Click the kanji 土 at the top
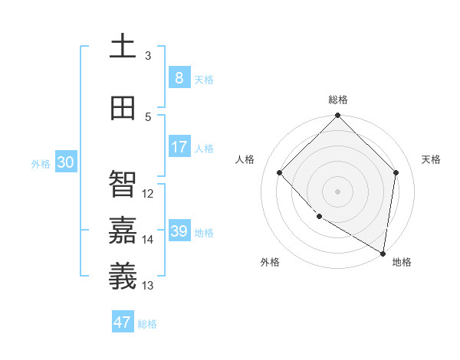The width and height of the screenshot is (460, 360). [x=123, y=46]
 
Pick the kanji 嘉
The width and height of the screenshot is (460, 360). [x=123, y=227]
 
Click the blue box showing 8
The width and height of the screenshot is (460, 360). [x=179, y=78]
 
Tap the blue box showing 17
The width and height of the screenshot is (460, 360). [x=179, y=147]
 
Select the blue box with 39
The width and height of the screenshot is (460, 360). [x=179, y=231]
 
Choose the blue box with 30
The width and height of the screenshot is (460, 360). [x=65, y=162]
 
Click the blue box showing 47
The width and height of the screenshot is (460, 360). [x=123, y=322]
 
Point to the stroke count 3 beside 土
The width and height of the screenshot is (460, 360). [x=148, y=55]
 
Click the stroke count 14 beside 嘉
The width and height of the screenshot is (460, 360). [x=148, y=240]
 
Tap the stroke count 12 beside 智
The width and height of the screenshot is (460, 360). [x=148, y=194]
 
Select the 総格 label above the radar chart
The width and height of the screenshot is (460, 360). [x=338, y=100]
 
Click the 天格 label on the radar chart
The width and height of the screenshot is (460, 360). [x=431, y=159]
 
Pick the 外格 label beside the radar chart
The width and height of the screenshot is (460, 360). [x=270, y=262]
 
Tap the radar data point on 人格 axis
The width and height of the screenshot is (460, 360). [x=280, y=172]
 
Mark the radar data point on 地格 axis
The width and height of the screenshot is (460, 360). [x=383, y=253]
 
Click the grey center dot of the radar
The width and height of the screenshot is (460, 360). [x=338, y=191]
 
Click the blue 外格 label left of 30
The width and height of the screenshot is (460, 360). [x=40, y=163]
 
